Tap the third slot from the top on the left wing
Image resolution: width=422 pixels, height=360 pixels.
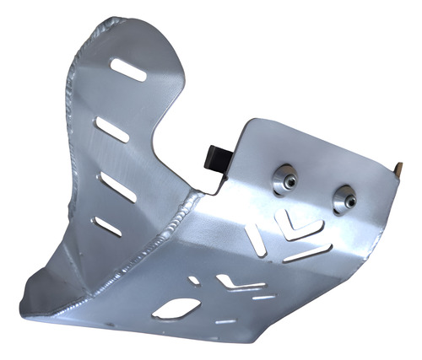click(116, 187)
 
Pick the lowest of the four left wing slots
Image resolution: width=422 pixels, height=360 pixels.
click(107, 225)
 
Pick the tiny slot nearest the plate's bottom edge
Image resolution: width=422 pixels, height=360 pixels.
click(225, 321)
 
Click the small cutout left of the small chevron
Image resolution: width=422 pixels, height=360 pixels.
click(195, 280)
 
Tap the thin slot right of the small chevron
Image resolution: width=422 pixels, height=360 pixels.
click(263, 297)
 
